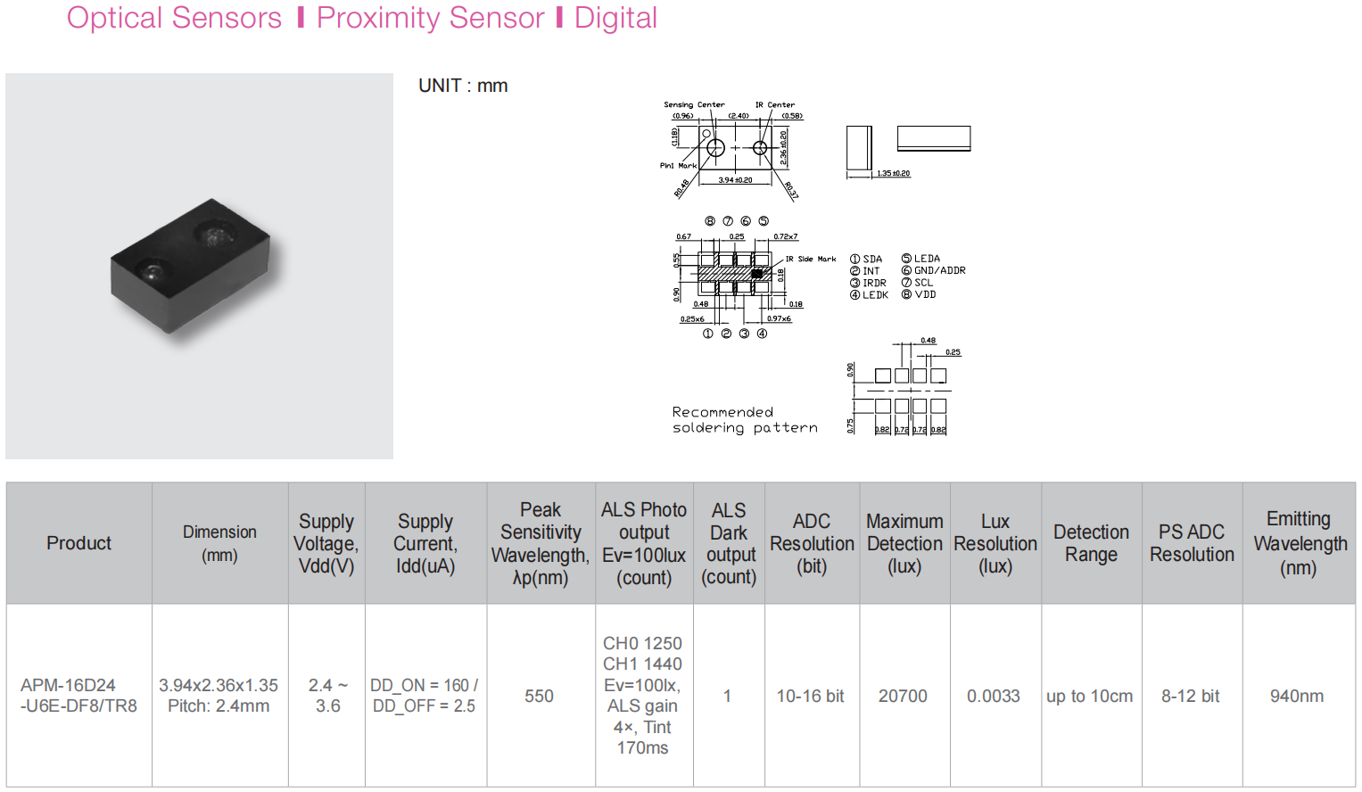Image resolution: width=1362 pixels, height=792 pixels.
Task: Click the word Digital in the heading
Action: [615, 18]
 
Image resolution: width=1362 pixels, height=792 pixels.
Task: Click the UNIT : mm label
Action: [463, 86]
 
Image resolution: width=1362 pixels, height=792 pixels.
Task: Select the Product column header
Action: [78, 543]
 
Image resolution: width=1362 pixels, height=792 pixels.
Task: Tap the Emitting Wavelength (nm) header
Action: [1299, 543]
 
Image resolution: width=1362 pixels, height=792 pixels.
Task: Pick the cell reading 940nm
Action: [1297, 696]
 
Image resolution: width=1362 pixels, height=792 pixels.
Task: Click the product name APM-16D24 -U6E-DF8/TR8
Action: [78, 696]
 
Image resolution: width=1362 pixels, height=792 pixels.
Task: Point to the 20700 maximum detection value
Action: [903, 696]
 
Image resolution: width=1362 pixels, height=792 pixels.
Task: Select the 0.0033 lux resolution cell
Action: [994, 696]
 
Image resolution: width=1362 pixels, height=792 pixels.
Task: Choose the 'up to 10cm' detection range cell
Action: [1089, 696]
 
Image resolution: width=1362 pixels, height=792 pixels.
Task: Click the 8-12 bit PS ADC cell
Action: [1190, 696]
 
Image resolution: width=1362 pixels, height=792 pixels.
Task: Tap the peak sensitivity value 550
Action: [539, 696]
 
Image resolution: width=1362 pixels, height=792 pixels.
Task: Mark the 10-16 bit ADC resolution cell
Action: [810, 696]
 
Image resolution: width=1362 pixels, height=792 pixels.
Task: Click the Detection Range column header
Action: [1091, 543]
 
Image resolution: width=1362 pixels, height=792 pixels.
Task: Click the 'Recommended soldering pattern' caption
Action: [744, 420]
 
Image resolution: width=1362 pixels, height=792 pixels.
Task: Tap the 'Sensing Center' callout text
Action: [694, 104]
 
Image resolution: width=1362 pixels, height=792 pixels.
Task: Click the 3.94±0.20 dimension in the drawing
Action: [735, 180]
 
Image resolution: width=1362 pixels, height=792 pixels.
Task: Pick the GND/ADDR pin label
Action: [939, 270]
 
